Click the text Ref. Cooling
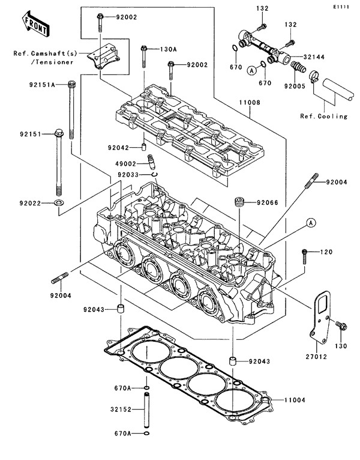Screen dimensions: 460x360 tap(324, 117)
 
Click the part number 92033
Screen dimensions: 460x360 tap(128, 175)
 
